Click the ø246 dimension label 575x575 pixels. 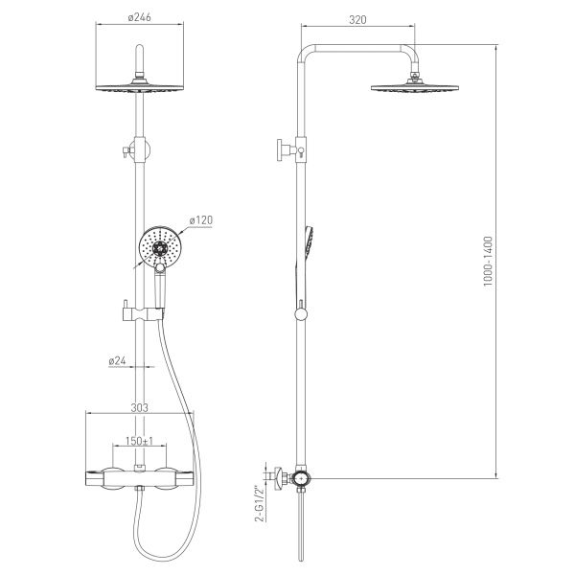139,17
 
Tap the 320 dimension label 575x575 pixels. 357,19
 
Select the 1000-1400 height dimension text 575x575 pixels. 488,261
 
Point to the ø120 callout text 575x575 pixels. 201,220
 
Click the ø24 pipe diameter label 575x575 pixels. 117,361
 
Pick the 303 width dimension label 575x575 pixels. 140,407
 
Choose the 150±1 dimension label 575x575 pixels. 139,441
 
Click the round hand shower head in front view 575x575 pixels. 158,246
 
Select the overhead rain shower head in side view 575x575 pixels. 414,88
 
